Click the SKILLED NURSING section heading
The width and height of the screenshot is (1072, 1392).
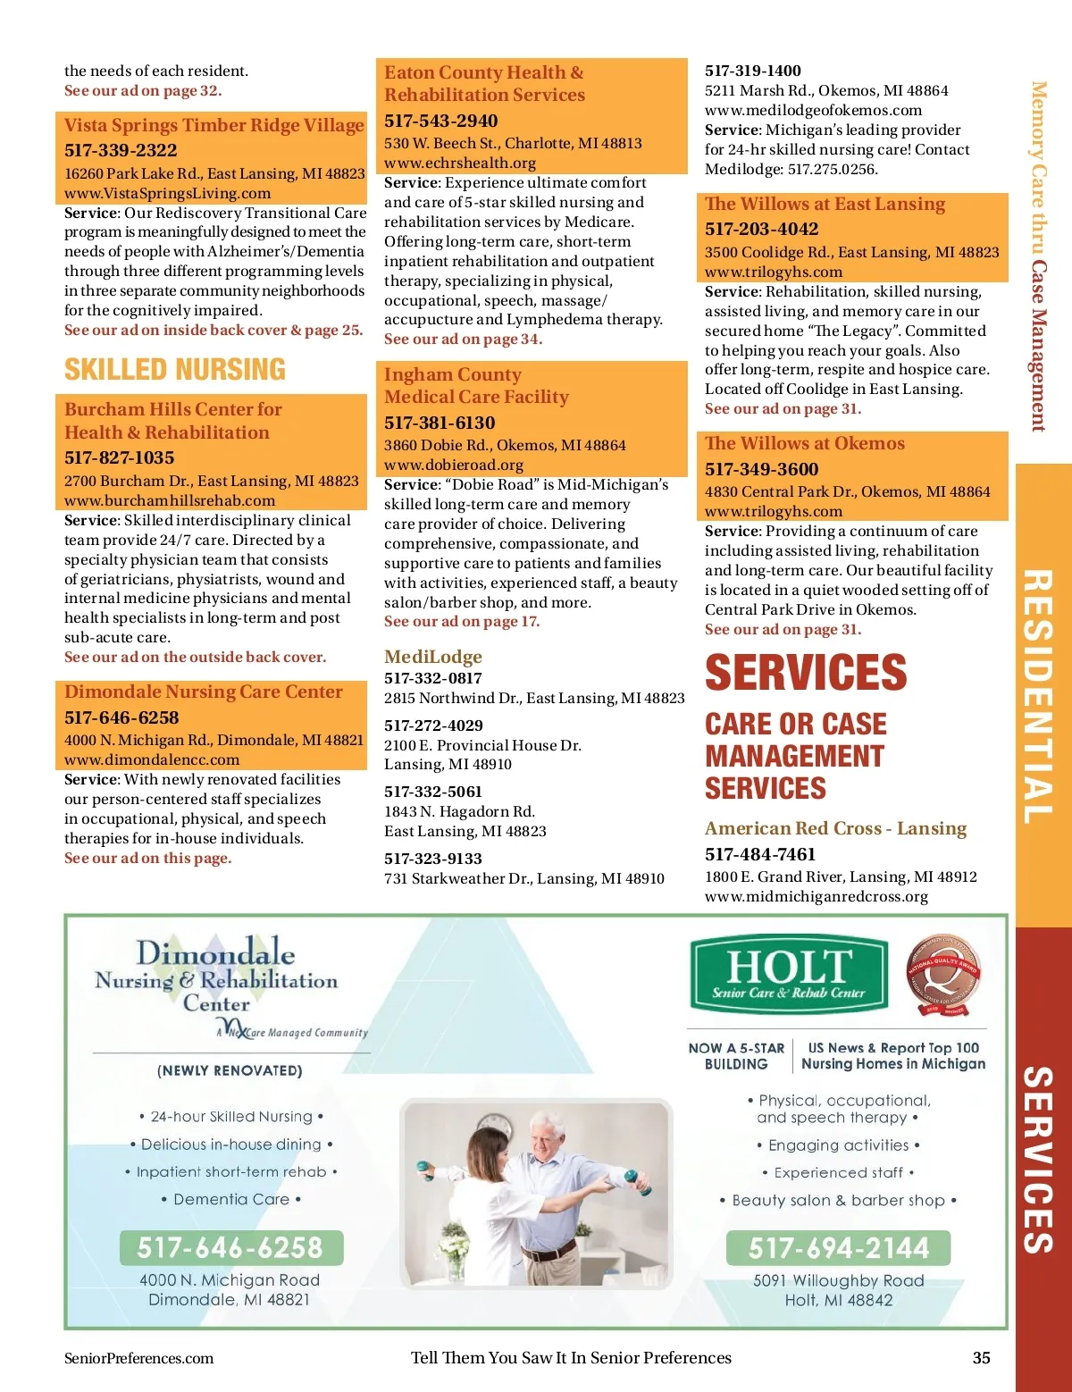click(x=175, y=370)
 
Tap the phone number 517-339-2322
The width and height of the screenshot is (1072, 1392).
click(x=121, y=150)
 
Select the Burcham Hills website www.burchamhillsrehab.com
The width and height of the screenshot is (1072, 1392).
click(x=170, y=500)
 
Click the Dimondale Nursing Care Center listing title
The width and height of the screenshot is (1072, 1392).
click(x=204, y=692)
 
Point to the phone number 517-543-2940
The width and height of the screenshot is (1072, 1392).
click(x=441, y=121)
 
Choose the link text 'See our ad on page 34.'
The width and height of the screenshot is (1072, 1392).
click(x=463, y=340)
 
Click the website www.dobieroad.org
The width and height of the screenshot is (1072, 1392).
click(x=454, y=465)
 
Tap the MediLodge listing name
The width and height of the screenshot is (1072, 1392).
click(x=433, y=657)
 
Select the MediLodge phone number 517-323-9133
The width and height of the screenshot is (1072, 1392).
click(x=433, y=859)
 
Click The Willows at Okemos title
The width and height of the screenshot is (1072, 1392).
click(x=804, y=443)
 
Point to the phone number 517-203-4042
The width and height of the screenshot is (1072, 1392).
click(x=761, y=229)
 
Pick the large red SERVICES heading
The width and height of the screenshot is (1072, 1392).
click(x=806, y=673)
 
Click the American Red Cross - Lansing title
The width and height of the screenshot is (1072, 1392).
click(x=835, y=828)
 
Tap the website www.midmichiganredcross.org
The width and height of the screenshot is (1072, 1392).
click(x=817, y=896)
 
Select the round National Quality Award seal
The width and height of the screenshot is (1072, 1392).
click(x=944, y=975)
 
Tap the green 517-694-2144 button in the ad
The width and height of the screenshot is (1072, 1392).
click(x=838, y=1247)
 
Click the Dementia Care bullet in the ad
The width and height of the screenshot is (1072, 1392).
click(x=231, y=1199)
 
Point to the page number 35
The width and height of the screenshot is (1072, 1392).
click(x=981, y=1358)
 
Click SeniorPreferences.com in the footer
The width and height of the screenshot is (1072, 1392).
click(x=139, y=1358)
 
